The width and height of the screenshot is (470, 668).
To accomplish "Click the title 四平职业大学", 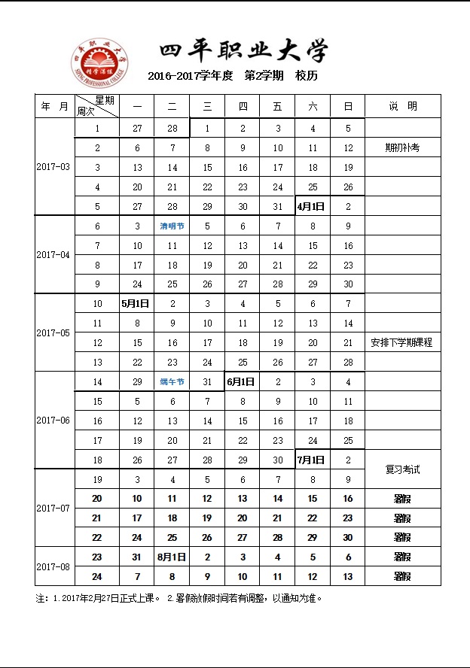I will click(x=243, y=52).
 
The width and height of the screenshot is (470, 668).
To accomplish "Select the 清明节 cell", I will click(x=172, y=226).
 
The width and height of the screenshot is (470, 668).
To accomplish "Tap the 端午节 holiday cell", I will click(x=172, y=382).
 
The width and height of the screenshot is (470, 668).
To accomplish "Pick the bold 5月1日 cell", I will click(x=137, y=304).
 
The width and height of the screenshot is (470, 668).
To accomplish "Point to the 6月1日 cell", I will click(x=243, y=382).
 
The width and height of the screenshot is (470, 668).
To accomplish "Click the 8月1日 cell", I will click(x=172, y=557).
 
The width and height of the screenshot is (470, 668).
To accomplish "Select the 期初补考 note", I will click(x=402, y=148).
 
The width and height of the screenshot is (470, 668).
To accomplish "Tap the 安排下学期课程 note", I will click(x=402, y=343).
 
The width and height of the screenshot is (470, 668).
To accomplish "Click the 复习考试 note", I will click(x=402, y=469).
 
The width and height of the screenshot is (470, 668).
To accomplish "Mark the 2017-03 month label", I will click(x=53, y=167).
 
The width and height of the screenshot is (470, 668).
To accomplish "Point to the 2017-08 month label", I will click(x=53, y=566).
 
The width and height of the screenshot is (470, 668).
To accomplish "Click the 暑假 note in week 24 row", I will click(x=402, y=577).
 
